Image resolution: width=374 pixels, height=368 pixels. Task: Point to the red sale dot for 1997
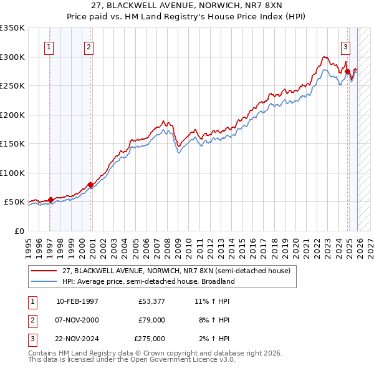[50, 200]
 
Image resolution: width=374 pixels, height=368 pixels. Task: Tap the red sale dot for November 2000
[90, 185]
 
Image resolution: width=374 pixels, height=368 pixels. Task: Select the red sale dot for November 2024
[347, 71]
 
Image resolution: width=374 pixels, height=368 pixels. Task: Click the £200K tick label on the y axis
[12, 115]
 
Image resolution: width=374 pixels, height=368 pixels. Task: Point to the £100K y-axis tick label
[12, 173]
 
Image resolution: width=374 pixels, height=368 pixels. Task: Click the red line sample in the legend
[44, 271]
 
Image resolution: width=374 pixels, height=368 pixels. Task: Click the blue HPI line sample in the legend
[44, 281]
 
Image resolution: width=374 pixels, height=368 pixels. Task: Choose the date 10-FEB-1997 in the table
[77, 301]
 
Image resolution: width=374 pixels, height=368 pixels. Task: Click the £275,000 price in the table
[150, 339]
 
